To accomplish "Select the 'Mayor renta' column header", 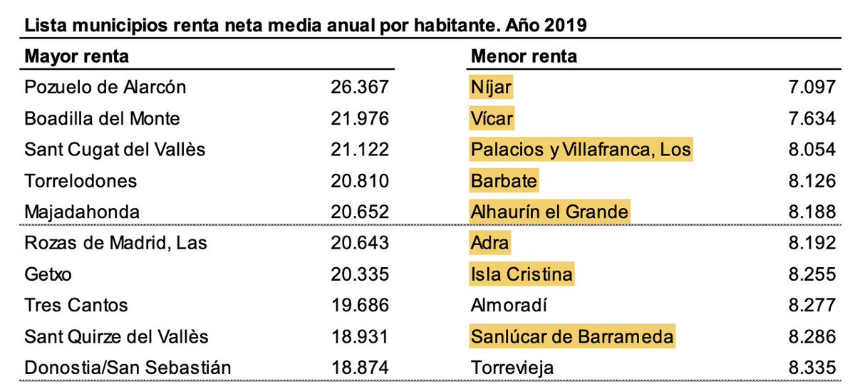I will click(x=77, y=56).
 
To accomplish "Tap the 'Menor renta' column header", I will click(x=524, y=56).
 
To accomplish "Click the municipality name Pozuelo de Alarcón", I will click(x=105, y=87).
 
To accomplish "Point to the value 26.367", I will click(x=360, y=87).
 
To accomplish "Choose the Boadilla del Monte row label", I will click(x=102, y=118).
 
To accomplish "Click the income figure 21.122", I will click(x=360, y=150).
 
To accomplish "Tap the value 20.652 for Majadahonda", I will click(x=360, y=212).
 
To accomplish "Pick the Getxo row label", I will click(x=48, y=274).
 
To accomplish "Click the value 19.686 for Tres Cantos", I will click(x=360, y=306).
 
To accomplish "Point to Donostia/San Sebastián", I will click(x=128, y=368).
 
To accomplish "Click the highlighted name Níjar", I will click(x=491, y=87).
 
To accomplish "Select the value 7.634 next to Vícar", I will click(x=808, y=118).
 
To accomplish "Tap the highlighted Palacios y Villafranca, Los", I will click(x=581, y=150).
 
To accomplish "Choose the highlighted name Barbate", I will click(x=504, y=180).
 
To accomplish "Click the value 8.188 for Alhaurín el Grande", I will click(x=808, y=212).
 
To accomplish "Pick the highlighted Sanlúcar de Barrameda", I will click(x=571, y=337).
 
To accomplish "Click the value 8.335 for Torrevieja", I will click(x=808, y=368).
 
